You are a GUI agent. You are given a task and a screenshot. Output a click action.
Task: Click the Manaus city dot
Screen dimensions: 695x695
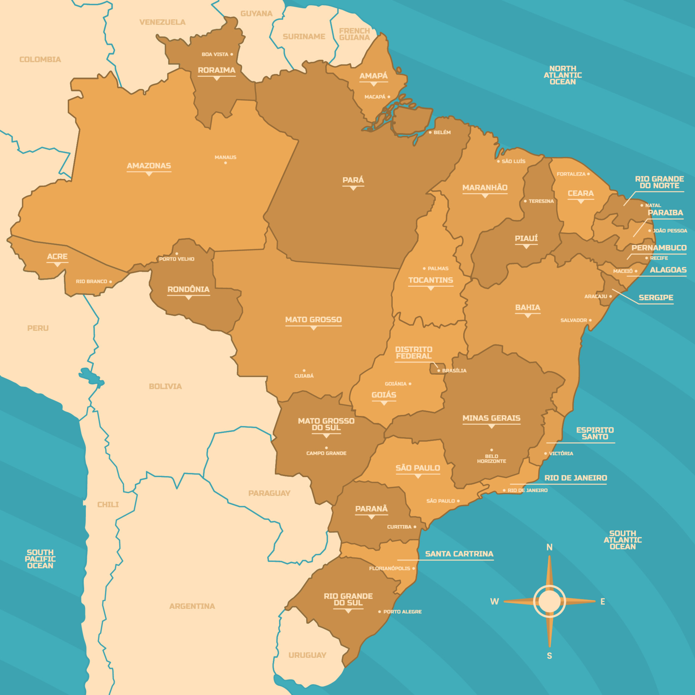coord(226,163)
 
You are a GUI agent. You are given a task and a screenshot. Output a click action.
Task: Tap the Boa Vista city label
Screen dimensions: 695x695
coord(215,54)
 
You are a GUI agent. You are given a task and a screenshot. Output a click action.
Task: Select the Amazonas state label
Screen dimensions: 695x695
coord(149,166)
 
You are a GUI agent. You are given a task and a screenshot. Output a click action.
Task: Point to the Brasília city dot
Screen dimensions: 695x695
coord(439,371)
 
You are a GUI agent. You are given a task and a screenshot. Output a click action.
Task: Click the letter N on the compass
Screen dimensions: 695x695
coord(549,547)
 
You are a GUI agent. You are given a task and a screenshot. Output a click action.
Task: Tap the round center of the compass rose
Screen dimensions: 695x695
coord(549,601)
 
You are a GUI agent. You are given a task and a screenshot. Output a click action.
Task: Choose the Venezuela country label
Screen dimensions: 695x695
coord(162,22)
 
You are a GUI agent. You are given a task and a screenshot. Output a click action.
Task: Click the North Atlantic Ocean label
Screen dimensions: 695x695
coord(563,75)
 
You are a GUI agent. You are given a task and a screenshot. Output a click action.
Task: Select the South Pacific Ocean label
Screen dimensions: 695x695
coord(40,559)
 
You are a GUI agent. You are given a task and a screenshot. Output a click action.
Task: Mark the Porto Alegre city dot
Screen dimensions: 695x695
coord(379,612)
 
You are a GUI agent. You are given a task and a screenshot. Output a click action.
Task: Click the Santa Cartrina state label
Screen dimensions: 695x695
coord(459,554)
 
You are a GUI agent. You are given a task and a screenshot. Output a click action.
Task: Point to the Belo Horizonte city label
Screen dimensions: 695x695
coord(491,459)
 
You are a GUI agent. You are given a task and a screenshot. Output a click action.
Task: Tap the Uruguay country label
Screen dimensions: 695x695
coord(307,655)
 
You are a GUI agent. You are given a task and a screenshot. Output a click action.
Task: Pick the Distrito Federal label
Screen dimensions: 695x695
coord(414,353)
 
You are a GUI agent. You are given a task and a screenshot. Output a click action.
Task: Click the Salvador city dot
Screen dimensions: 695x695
coord(590,320)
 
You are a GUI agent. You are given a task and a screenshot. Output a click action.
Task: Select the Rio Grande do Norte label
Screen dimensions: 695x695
coord(660,182)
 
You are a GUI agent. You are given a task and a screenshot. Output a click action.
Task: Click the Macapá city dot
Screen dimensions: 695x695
coord(389,97)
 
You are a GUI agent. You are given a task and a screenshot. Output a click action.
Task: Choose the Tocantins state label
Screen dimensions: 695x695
coord(431,280)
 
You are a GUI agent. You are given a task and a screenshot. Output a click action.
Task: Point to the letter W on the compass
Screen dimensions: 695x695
coord(494,602)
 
